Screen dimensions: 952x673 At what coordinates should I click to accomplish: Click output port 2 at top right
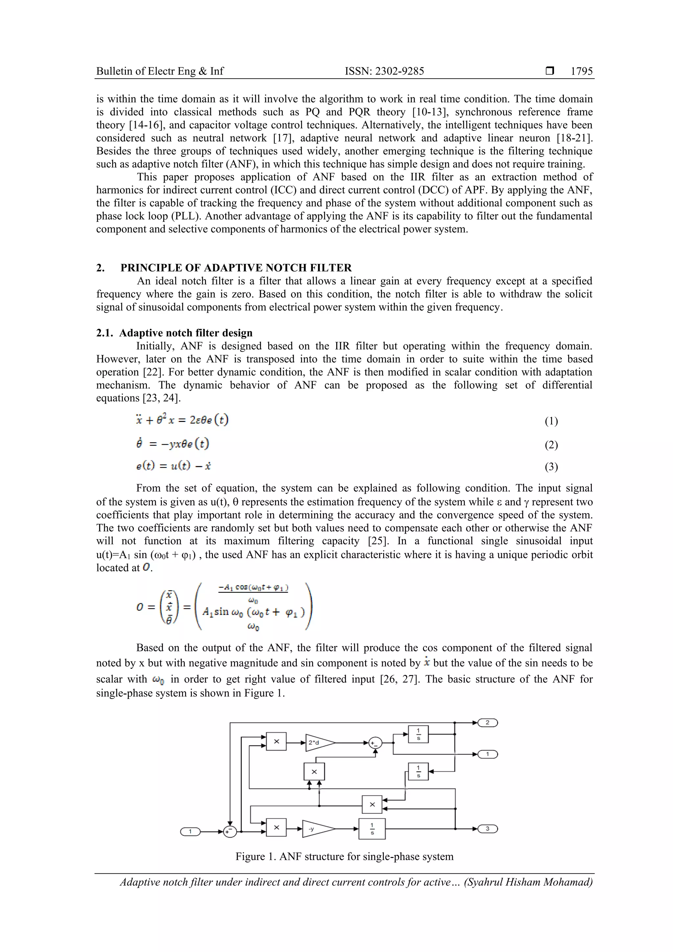pos(487,723)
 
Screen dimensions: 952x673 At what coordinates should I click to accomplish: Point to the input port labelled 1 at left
pos(190,831)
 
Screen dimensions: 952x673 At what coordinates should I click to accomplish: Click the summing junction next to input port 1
pos(229,831)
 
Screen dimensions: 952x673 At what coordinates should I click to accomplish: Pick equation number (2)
pos(551,445)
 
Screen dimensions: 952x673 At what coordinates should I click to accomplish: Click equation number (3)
pos(551,467)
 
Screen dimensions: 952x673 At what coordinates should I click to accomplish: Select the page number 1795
pos(581,71)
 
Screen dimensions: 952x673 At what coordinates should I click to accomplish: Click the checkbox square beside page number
pos(550,71)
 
